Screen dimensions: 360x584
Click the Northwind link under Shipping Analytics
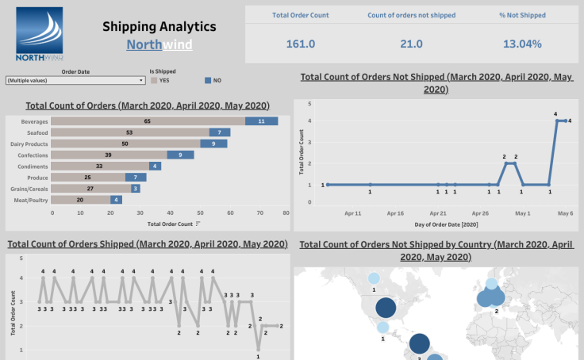pyautogui.click(x=159, y=45)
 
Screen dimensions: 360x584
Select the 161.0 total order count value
pyautogui.click(x=301, y=44)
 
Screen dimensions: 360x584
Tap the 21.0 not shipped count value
pyautogui.click(x=410, y=44)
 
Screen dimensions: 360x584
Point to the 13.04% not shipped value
pyautogui.click(x=520, y=44)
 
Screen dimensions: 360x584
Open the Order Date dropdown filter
pyautogui.click(x=75, y=80)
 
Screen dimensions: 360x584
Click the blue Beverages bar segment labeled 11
pyautogui.click(x=261, y=121)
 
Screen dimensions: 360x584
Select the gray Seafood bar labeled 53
pyautogui.click(x=129, y=132)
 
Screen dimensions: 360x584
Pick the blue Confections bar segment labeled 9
pyautogui.click(x=181, y=155)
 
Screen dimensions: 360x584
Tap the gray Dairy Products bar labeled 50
pyautogui.click(x=125, y=144)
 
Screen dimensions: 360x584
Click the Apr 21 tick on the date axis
pyautogui.click(x=438, y=213)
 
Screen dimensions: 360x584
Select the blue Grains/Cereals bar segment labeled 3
pyautogui.click(x=136, y=189)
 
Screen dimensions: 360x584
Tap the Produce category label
pyautogui.click(x=36, y=178)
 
